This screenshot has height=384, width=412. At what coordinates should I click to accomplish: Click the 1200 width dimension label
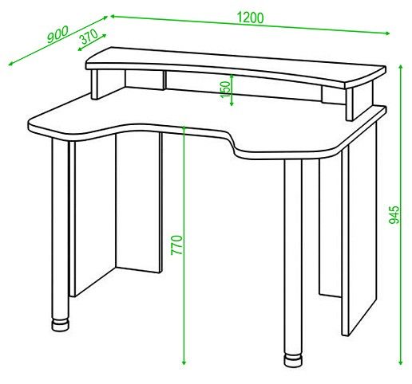click(250, 18)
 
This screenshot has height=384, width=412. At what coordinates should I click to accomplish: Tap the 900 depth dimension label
click(57, 34)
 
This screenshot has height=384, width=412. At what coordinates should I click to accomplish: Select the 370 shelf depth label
click(89, 37)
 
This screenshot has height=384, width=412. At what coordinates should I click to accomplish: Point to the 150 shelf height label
click(226, 89)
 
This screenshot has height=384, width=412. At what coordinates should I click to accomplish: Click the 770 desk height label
click(176, 245)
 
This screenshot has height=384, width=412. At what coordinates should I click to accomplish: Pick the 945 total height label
click(394, 214)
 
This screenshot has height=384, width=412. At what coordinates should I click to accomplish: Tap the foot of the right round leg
click(293, 359)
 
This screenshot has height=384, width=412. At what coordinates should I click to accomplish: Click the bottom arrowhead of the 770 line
click(184, 362)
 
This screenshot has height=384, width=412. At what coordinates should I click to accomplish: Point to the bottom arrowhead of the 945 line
click(401, 362)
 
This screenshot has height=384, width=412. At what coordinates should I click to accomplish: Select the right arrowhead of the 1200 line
click(387, 33)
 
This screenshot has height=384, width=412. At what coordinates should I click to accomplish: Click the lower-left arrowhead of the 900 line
click(11, 63)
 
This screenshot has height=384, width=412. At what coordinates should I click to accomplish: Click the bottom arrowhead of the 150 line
click(232, 104)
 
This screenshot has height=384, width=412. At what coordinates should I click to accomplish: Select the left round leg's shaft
click(61, 229)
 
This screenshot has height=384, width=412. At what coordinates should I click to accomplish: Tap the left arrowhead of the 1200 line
click(113, 17)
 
